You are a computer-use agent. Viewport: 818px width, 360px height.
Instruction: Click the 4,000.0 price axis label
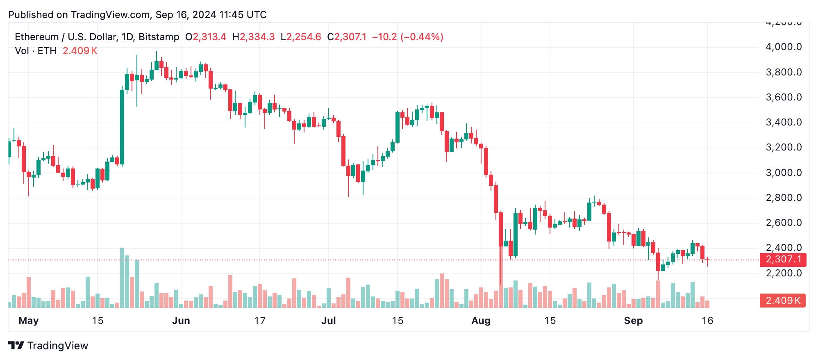(x=784, y=47)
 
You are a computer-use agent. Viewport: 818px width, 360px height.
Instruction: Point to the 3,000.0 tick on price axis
(x=784, y=173)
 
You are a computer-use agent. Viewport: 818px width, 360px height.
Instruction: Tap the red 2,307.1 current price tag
(x=783, y=260)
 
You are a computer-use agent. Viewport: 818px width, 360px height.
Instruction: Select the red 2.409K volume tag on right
(x=783, y=301)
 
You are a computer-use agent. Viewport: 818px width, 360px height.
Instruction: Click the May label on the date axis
(x=29, y=321)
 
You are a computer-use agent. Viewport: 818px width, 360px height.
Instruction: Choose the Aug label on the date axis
(x=481, y=321)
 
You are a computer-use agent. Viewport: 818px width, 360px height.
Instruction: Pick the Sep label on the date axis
(x=633, y=321)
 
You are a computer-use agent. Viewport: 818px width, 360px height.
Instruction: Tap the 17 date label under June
(x=260, y=321)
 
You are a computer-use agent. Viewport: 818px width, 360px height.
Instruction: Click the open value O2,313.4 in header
(x=206, y=37)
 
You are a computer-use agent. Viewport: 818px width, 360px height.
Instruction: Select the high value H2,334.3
(x=253, y=37)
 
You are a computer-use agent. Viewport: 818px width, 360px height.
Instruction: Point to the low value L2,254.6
(x=301, y=37)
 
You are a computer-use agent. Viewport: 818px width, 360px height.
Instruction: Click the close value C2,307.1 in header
(x=347, y=37)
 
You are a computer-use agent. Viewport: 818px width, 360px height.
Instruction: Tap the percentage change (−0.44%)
(x=422, y=37)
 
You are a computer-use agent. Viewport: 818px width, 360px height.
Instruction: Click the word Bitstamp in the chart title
(x=159, y=37)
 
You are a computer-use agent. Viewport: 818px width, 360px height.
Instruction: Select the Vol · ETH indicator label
(x=36, y=51)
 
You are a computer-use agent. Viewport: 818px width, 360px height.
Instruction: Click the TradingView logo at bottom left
(x=48, y=346)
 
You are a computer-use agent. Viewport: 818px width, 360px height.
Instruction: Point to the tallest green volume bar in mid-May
(x=122, y=278)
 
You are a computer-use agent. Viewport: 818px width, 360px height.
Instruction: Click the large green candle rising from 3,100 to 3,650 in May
(x=122, y=127)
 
